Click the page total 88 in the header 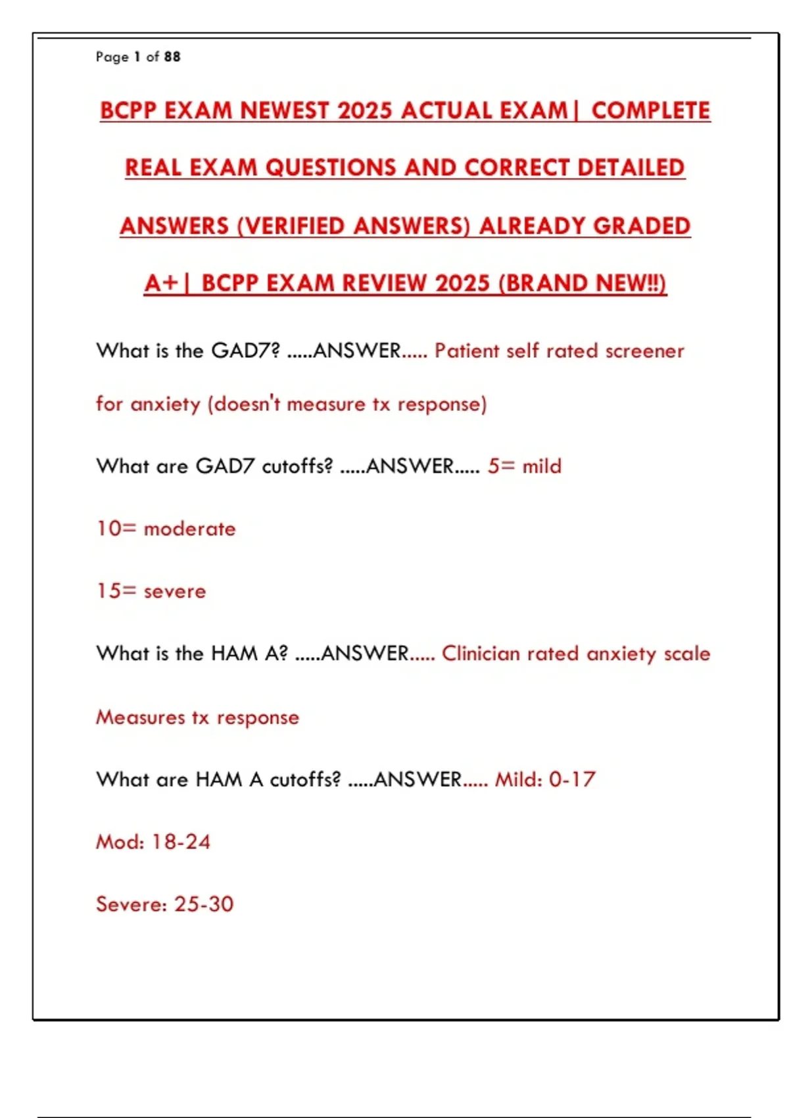pos(172,57)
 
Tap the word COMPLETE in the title pos(651,110)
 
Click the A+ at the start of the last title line pos(161,283)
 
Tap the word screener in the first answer pos(644,351)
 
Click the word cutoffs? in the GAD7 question pos(297,466)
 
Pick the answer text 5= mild pos(525,466)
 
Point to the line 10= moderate pos(166,529)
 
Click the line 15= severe pos(151,591)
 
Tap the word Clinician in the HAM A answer pos(481,654)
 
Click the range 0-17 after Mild pos(572,780)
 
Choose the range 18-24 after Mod pos(181,842)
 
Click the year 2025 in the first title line pos(366,110)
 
